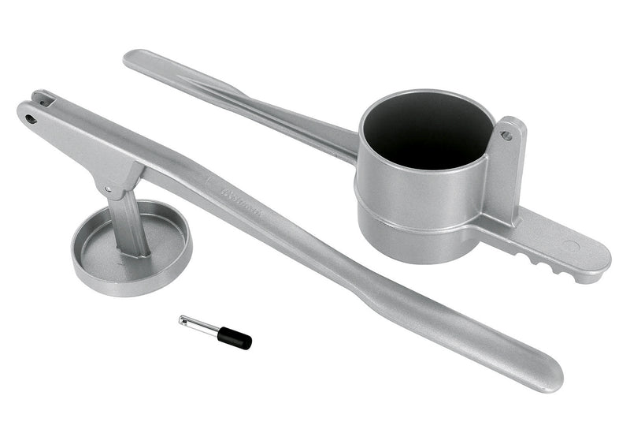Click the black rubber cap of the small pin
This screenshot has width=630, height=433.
(235, 338)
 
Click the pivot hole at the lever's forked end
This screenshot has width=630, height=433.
(31, 119)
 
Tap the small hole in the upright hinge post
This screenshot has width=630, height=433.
(506, 136)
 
